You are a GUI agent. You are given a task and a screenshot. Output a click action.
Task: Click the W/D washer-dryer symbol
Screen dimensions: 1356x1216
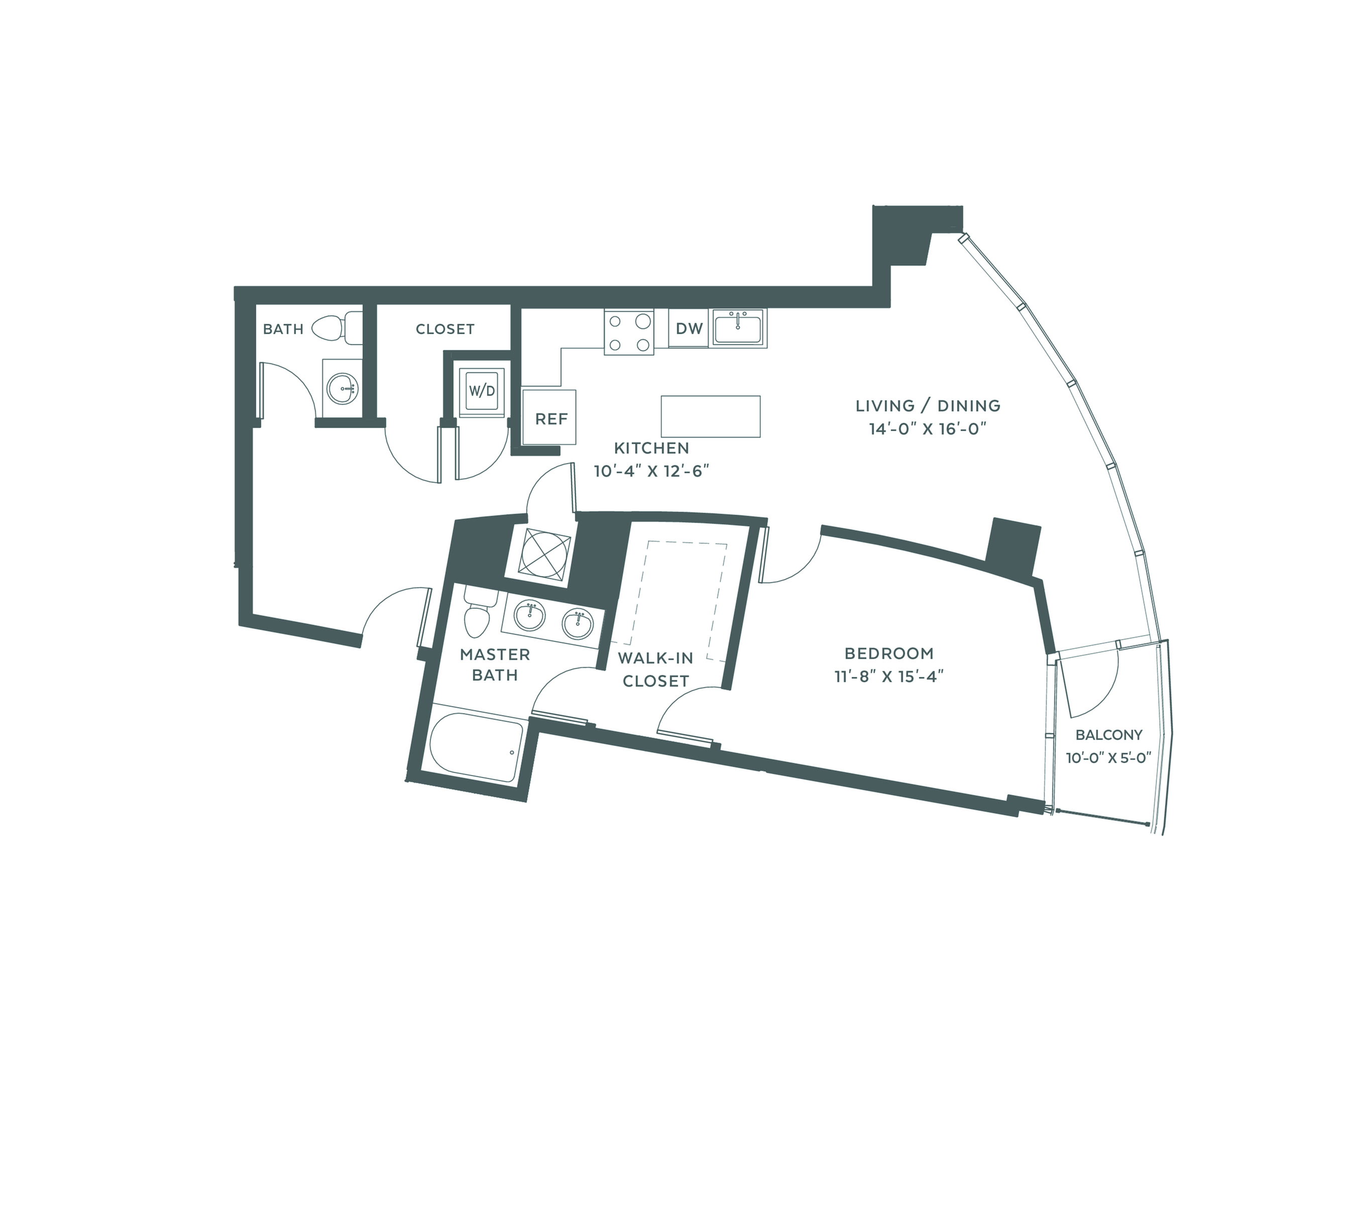[482, 392]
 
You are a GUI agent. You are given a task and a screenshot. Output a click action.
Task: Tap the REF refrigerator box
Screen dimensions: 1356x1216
[549, 417]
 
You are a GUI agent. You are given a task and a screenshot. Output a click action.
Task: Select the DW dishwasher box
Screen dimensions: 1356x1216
[689, 328]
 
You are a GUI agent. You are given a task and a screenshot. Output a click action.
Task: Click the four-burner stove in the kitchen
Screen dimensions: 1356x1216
[629, 332]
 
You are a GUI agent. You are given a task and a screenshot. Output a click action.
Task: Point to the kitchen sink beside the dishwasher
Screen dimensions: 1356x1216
[738, 327]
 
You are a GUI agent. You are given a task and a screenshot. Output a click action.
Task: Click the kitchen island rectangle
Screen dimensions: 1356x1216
[711, 416]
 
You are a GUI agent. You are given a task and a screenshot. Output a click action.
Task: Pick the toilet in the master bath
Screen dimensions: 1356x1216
[478, 613]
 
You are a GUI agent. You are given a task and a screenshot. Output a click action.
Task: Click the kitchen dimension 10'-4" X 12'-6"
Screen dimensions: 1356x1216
[651, 471]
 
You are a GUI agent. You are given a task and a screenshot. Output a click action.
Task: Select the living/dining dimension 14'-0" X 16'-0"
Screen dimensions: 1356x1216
[928, 429]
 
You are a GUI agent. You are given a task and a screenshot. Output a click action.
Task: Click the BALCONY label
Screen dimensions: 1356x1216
[1109, 735]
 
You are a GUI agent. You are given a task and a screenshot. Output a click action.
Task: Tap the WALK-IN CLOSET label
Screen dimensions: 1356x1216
[655, 670]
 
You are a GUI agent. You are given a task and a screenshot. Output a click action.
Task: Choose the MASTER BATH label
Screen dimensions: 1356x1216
[495, 665]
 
